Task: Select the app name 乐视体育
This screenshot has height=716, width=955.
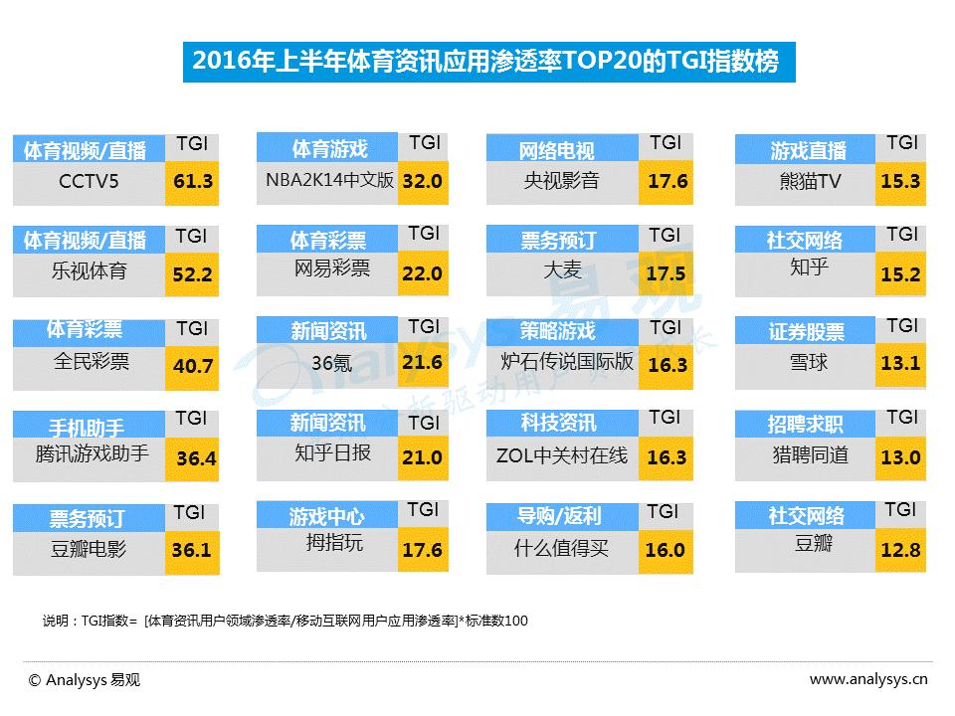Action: (x=90, y=270)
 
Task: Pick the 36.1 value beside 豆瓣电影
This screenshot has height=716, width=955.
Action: (x=191, y=549)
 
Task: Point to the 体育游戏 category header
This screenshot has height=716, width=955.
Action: (x=329, y=149)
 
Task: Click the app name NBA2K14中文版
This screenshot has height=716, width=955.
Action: (x=329, y=181)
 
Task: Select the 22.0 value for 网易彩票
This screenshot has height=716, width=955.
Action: (x=423, y=272)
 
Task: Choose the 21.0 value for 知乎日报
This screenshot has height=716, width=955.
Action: (x=423, y=457)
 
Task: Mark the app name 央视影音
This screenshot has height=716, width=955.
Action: (x=562, y=181)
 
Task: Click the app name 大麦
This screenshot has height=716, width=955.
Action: (x=562, y=269)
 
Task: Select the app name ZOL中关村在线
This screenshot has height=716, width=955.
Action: (x=562, y=455)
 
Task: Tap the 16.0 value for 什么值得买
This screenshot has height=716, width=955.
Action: (x=666, y=550)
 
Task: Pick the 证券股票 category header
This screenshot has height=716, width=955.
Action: (x=806, y=332)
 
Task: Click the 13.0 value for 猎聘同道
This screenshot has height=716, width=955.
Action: (x=900, y=457)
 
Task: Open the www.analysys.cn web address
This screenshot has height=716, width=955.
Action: (x=868, y=680)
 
